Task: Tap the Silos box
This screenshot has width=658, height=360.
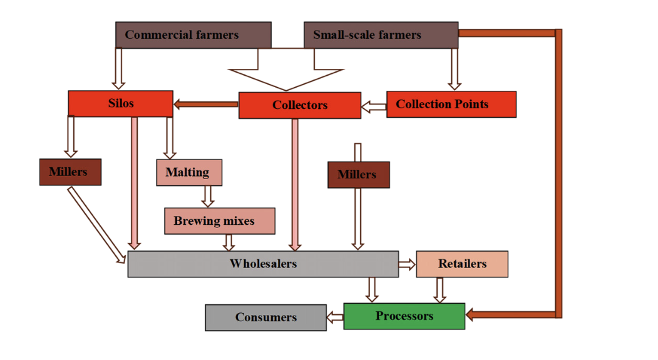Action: pyautogui.click(x=120, y=103)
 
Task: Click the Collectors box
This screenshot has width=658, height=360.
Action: pyautogui.click(x=299, y=105)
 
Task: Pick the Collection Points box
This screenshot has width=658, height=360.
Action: pyautogui.click(x=451, y=104)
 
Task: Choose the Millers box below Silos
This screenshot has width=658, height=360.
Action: pyautogui.click(x=70, y=172)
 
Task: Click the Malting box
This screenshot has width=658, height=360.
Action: pyautogui.click(x=188, y=172)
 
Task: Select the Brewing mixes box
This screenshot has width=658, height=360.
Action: pyautogui.click(x=219, y=221)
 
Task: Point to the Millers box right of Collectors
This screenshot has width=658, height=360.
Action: pyautogui.click(x=358, y=175)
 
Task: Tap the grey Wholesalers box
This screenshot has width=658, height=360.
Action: pyautogui.click(x=263, y=264)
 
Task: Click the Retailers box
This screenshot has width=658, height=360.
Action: pyautogui.click(x=461, y=264)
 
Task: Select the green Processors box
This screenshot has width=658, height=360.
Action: pyautogui.click(x=404, y=316)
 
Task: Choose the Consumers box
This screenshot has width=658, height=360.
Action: pyautogui.click(x=265, y=317)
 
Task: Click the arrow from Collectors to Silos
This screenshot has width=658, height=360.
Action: pyautogui.click(x=205, y=105)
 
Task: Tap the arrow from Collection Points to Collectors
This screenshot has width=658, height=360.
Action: pyautogui.click(x=374, y=106)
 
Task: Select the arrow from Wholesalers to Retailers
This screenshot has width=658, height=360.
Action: pyautogui.click(x=407, y=265)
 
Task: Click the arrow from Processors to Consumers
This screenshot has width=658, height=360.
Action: pyautogui.click(x=335, y=317)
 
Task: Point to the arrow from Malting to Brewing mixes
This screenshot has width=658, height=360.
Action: pyautogui.click(x=208, y=196)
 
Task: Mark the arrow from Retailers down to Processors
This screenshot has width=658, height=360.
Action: pyautogui.click(x=440, y=290)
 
